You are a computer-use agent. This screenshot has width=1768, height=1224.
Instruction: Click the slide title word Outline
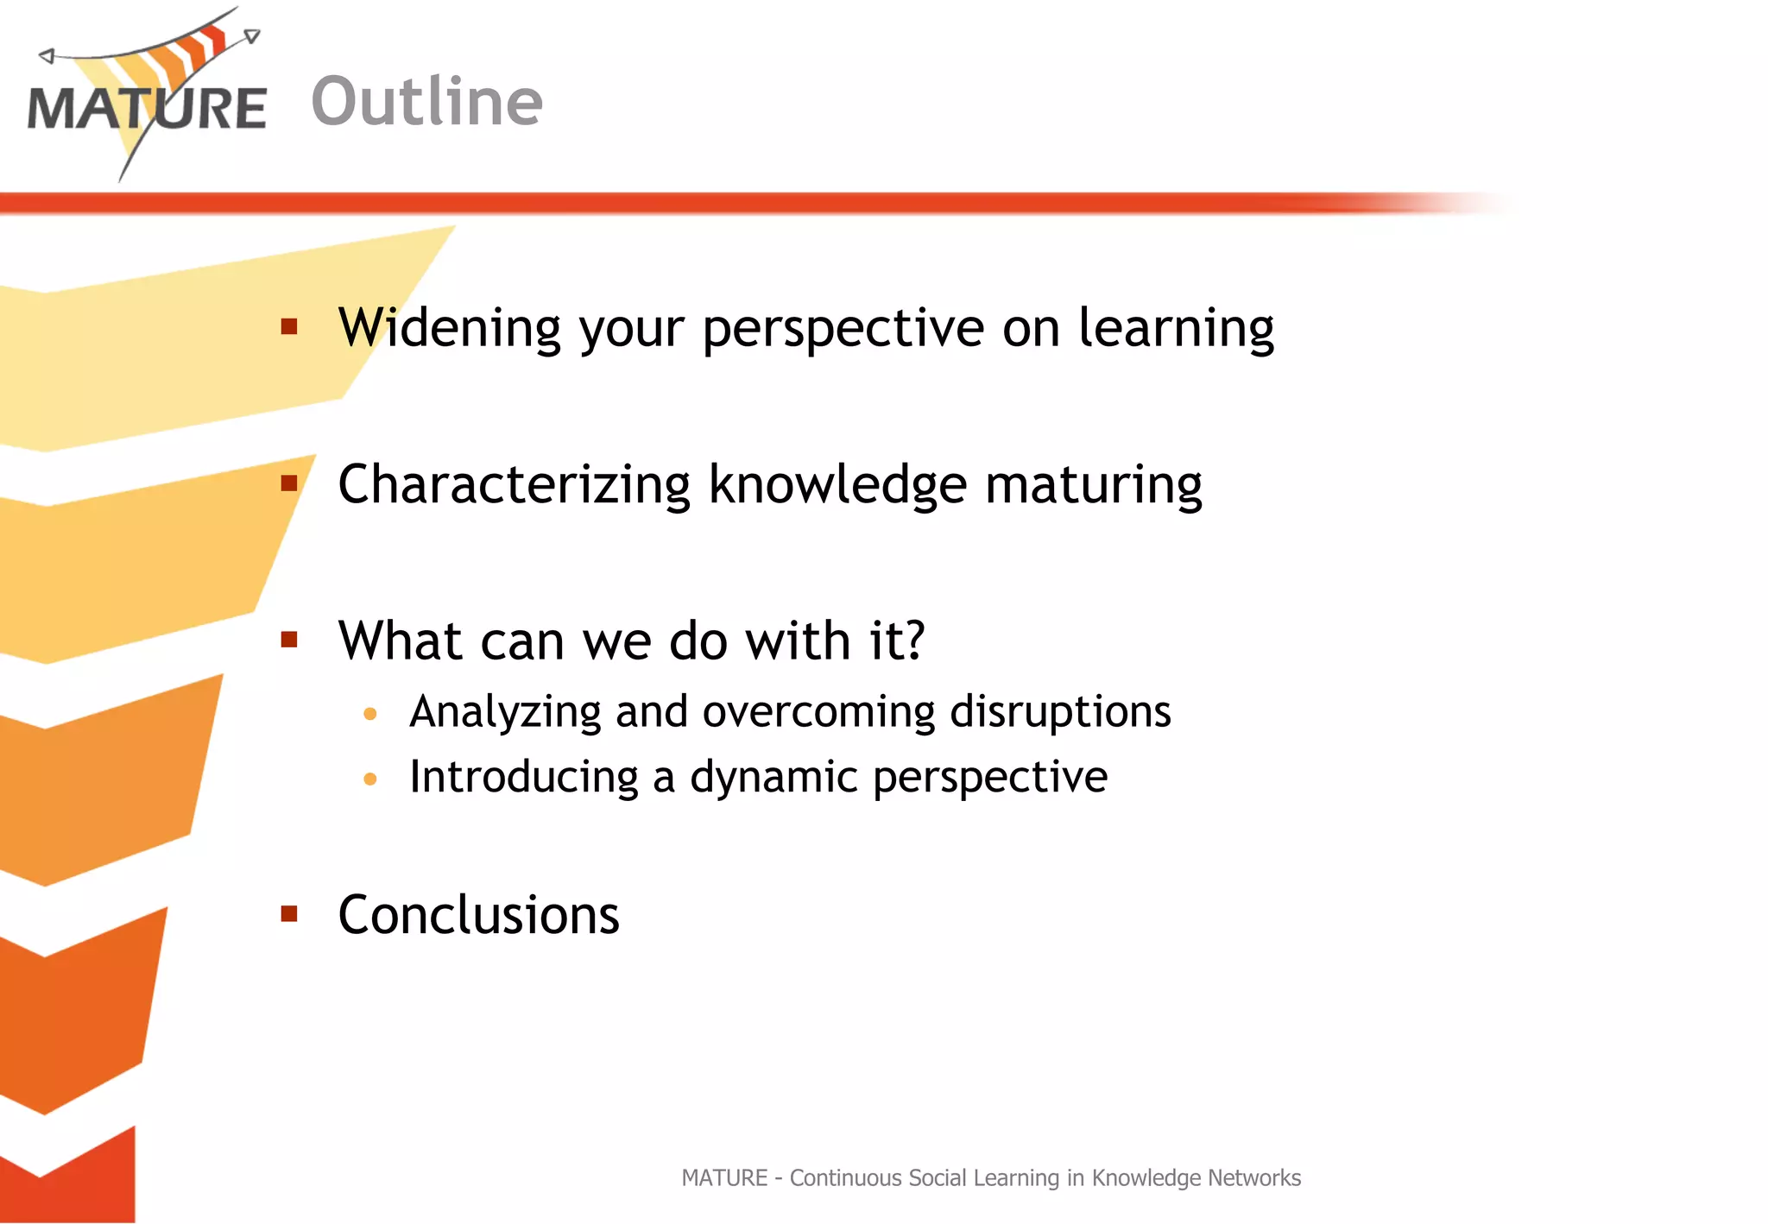[426, 102]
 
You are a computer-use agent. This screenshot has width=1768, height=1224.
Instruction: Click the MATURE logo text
[147, 109]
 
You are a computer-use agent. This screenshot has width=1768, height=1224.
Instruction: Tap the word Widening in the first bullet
[450, 328]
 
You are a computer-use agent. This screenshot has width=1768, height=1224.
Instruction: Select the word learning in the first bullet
[1176, 328]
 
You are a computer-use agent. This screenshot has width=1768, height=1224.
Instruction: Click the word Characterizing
[514, 484]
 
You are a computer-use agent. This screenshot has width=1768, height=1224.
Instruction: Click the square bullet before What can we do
[289, 640]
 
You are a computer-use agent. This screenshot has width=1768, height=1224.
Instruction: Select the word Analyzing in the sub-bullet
[505, 713]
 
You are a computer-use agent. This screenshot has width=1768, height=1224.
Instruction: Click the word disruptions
[1060, 713]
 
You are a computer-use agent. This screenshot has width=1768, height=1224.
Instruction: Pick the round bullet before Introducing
[370, 779]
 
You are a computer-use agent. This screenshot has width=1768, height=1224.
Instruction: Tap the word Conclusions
[478, 915]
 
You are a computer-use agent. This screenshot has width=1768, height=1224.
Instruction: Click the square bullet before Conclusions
[289, 913]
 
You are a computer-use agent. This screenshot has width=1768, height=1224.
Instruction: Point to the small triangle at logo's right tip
[251, 36]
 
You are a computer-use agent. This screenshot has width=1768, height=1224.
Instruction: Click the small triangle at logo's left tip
[47, 56]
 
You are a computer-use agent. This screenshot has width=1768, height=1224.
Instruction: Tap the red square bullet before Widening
[289, 326]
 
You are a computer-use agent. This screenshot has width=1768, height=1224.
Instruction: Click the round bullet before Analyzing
[370, 714]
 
